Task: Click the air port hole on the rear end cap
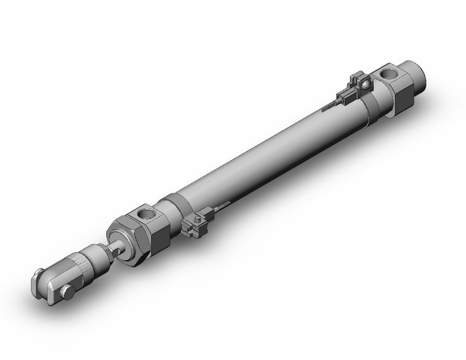pyautogui.click(x=389, y=76)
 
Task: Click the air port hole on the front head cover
pyautogui.click(x=147, y=215)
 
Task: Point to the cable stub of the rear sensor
pyautogui.click(x=329, y=105)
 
